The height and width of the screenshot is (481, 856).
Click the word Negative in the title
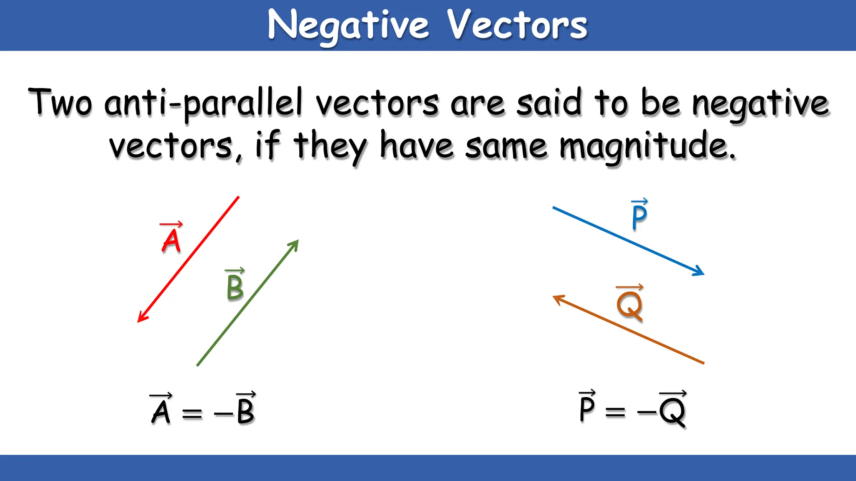[348, 25]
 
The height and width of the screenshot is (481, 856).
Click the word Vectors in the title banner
[517, 25]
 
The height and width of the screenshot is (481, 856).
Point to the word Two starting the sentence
[60, 102]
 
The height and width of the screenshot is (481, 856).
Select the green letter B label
[235, 287]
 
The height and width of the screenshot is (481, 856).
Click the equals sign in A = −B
[192, 413]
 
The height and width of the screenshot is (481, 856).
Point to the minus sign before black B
[223, 414]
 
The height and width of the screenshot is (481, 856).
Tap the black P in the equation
[587, 408]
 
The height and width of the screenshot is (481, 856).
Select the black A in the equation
[161, 412]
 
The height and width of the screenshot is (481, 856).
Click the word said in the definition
[549, 103]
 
